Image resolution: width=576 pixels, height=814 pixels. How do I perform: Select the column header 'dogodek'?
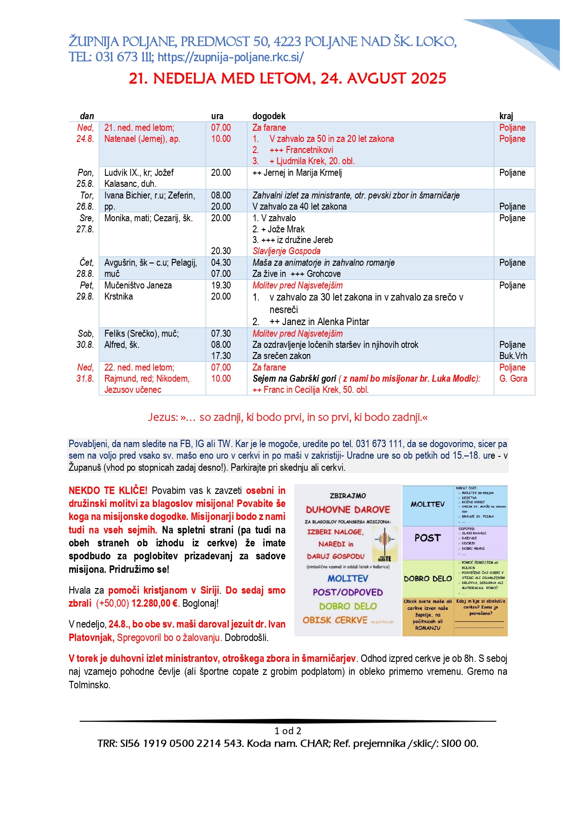tap(269, 116)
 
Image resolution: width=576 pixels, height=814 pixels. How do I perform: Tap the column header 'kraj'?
tap(506, 116)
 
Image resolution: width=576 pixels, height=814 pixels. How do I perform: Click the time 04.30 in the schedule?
tap(221, 263)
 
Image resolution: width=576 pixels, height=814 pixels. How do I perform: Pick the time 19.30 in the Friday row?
tap(221, 285)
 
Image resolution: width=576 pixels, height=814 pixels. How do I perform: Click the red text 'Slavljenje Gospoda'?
tap(286, 251)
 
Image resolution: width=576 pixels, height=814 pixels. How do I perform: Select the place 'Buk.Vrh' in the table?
tap(513, 356)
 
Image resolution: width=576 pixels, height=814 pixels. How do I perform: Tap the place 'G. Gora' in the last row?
tap(513, 378)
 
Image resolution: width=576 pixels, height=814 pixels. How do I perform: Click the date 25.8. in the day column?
tap(85, 184)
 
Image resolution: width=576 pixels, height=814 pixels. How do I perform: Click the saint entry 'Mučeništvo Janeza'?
tap(138, 285)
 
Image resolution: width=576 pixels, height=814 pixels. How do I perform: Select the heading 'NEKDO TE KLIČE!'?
tap(108, 491)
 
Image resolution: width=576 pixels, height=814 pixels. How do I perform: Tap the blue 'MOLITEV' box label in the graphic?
tap(427, 504)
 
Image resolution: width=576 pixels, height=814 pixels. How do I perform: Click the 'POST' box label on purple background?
tap(427, 538)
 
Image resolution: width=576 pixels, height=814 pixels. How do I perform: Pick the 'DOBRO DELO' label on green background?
tap(427, 579)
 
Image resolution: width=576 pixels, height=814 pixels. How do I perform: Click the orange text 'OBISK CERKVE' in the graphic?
tap(335, 620)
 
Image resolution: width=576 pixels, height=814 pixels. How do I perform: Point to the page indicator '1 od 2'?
tap(288, 731)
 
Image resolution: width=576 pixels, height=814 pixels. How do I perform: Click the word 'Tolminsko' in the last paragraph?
tap(89, 685)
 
